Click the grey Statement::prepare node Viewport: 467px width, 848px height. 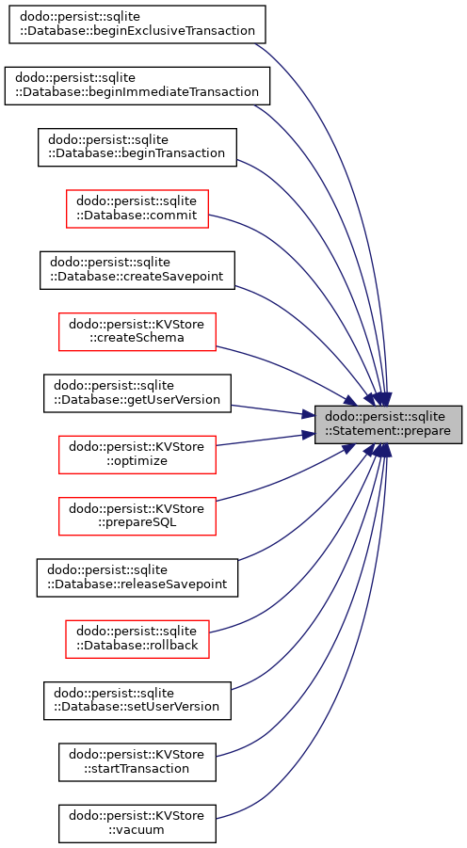(x=388, y=424)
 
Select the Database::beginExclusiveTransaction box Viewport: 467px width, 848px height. (x=137, y=24)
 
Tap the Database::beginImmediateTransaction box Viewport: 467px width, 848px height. (x=137, y=86)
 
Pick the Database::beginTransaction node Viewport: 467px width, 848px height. (x=137, y=147)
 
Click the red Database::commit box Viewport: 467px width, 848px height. (x=137, y=209)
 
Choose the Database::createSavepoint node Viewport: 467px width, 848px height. (x=137, y=270)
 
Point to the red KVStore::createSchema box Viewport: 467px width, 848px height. (x=137, y=331)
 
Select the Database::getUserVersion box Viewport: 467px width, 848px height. (x=137, y=393)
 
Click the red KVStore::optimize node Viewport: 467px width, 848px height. (x=137, y=455)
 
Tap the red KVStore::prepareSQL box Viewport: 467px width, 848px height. (x=137, y=517)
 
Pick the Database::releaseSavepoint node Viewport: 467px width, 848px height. (x=137, y=578)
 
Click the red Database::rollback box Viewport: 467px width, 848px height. (x=137, y=639)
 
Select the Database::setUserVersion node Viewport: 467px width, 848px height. (x=137, y=701)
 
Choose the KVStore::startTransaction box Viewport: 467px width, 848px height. (x=137, y=762)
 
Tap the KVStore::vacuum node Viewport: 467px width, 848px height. (x=137, y=824)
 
